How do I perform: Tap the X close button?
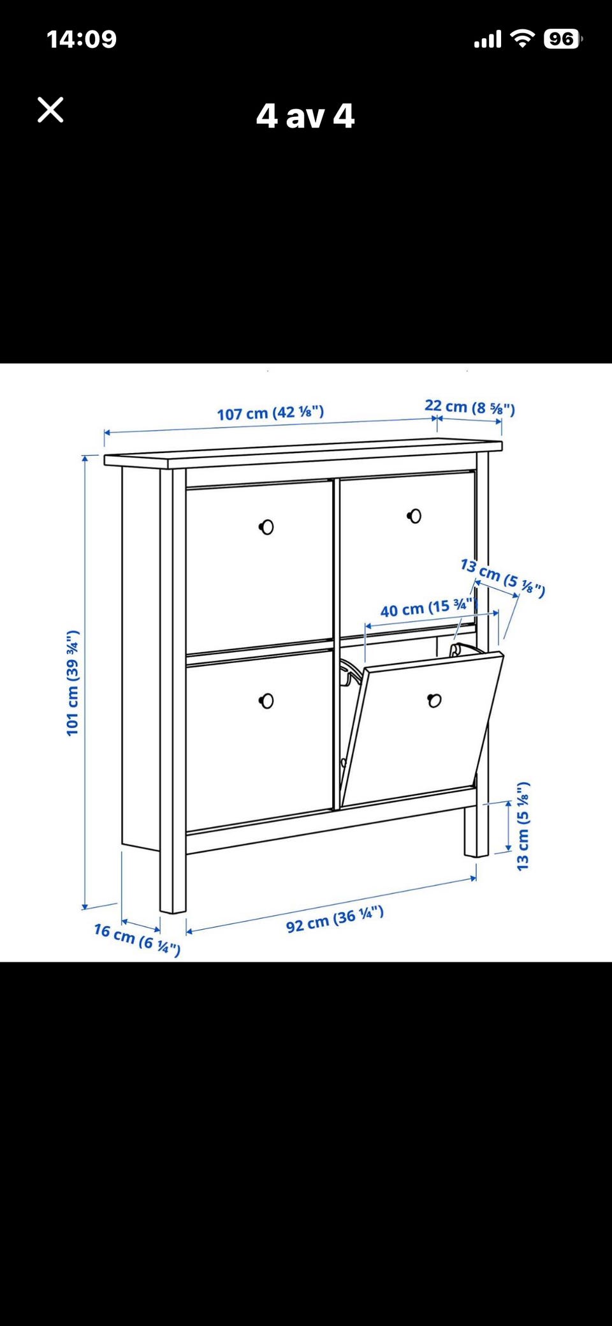pyautogui.click(x=50, y=110)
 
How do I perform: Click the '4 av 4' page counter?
pyautogui.click(x=305, y=116)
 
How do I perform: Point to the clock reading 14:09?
pyautogui.click(x=82, y=40)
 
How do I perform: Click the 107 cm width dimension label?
pyautogui.click(x=270, y=413)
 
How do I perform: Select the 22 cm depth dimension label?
pyautogui.click(x=470, y=406)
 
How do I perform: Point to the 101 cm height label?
pyautogui.click(x=73, y=682)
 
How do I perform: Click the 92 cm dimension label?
pyautogui.click(x=335, y=919)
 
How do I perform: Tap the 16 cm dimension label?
pyautogui.click(x=137, y=939)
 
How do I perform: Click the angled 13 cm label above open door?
pyautogui.click(x=503, y=577)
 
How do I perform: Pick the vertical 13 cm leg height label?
pyautogui.click(x=523, y=826)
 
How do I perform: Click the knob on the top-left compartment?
pyautogui.click(x=266, y=527)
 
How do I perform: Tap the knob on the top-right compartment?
pyautogui.click(x=414, y=516)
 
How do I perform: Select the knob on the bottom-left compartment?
pyautogui.click(x=266, y=701)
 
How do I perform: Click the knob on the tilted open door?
pyautogui.click(x=434, y=701)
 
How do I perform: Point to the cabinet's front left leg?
pyautogui.click(x=173, y=881)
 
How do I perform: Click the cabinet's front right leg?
pyautogui.click(x=476, y=830)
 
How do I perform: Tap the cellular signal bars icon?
pyautogui.click(x=488, y=40)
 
